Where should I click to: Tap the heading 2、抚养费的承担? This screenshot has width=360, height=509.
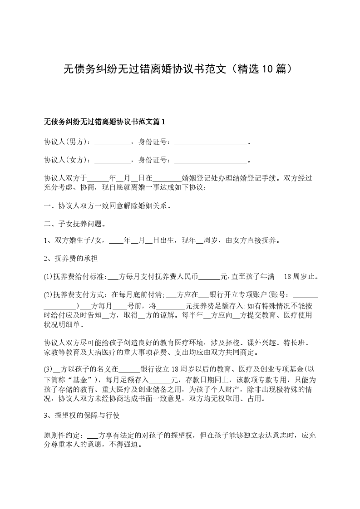point(71,259)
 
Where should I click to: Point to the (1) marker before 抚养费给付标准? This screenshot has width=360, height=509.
point(48,276)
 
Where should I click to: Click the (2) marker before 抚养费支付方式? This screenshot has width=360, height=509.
point(48,294)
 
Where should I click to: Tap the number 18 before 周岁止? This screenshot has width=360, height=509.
point(288,276)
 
